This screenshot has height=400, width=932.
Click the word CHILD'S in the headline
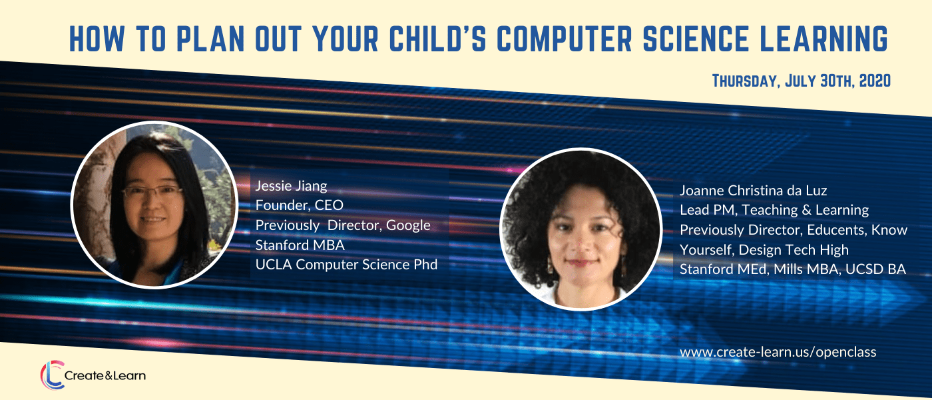point(438,39)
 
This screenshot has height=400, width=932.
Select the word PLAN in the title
point(210,39)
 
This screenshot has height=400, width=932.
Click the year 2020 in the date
point(875,81)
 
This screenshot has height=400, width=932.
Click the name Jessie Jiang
point(292,186)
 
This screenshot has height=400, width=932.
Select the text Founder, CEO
point(299,205)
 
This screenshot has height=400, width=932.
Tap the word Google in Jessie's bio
point(408,225)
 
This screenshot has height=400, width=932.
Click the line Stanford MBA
point(300,245)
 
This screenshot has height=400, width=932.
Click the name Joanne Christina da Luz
point(753,191)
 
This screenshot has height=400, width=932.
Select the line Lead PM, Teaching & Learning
point(774,210)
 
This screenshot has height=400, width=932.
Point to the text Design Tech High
point(794,249)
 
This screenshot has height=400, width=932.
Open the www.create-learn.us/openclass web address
point(778,352)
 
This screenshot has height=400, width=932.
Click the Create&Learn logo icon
point(53,375)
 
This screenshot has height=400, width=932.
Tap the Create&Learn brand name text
point(105,376)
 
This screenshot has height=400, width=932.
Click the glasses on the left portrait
point(152,191)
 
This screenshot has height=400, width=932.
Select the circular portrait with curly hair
point(581,229)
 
